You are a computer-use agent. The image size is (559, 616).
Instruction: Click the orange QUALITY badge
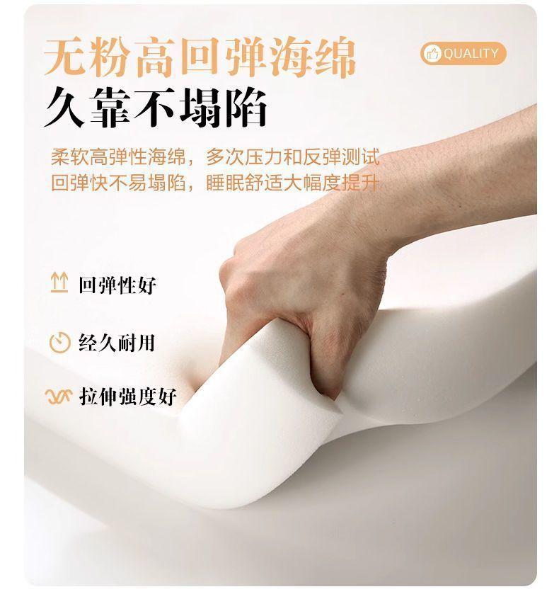click(x=463, y=53)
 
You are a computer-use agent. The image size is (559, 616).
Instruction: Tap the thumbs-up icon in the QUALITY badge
click(x=433, y=53)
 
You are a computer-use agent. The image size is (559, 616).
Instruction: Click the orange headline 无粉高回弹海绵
click(x=200, y=57)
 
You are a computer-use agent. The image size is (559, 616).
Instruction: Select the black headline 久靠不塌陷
click(x=156, y=107)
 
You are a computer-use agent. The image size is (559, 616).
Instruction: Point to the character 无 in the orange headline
click(x=65, y=57)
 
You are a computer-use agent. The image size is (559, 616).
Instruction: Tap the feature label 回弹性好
click(x=117, y=285)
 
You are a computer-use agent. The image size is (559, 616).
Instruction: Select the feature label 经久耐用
click(x=117, y=342)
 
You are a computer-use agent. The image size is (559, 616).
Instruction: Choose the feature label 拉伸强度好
click(x=127, y=396)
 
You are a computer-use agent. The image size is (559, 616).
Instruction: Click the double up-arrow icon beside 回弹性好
click(x=59, y=283)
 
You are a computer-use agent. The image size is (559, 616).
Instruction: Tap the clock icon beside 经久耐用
click(x=59, y=342)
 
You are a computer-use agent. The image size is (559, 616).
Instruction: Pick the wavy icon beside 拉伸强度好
click(x=59, y=397)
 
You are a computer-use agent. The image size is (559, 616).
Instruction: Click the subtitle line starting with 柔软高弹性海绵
click(x=215, y=156)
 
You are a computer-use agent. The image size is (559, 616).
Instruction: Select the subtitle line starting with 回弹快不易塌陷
click(x=215, y=183)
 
